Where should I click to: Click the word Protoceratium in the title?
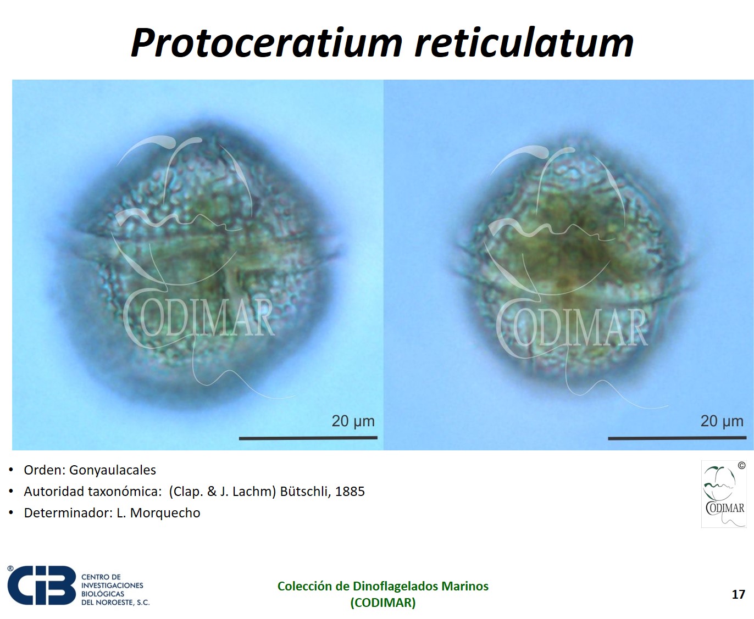(x=267, y=42)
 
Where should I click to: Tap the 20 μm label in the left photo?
(x=353, y=421)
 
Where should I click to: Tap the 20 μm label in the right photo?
(x=722, y=421)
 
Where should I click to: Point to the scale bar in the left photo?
(x=308, y=438)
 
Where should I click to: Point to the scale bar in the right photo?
(x=677, y=438)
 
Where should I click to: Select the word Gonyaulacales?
(x=113, y=470)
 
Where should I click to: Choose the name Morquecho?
(x=165, y=513)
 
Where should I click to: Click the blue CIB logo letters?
(x=42, y=585)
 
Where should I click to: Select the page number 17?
(x=738, y=594)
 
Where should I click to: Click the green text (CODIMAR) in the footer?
(x=383, y=603)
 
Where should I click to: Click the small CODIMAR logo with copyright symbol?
(x=724, y=494)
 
